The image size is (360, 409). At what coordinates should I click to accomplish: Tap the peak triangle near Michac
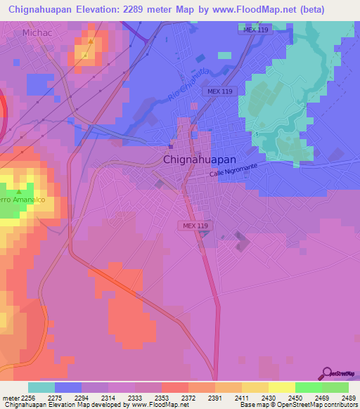[x=89, y=41]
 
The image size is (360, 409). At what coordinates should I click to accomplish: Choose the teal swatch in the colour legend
[x=41, y=388]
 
